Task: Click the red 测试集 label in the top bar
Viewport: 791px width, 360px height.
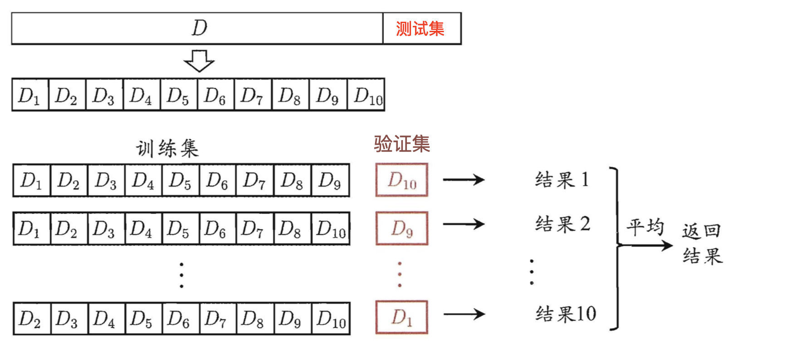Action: (420, 29)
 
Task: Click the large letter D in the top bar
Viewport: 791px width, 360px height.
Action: (199, 28)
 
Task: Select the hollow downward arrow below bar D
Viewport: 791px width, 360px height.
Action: (199, 61)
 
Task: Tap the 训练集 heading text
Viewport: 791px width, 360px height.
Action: (167, 148)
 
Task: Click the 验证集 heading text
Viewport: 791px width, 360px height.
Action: (402, 144)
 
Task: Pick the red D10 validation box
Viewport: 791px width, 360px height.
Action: (402, 180)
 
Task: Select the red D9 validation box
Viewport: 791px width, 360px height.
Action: (402, 228)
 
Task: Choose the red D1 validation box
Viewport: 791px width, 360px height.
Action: (402, 317)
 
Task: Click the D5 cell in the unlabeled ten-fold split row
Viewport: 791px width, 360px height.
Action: (178, 95)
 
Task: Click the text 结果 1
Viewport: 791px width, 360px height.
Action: (562, 180)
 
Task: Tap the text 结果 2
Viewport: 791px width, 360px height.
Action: (562, 224)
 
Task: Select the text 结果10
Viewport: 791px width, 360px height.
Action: (566, 314)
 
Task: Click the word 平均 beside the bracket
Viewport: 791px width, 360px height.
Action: (645, 226)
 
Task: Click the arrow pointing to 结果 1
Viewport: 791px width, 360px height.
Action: (464, 180)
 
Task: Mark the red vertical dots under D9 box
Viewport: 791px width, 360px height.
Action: (400, 274)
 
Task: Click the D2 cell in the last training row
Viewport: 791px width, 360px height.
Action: (30, 319)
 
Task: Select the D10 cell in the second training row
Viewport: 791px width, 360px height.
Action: (331, 229)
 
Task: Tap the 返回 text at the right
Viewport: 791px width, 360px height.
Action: (702, 231)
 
